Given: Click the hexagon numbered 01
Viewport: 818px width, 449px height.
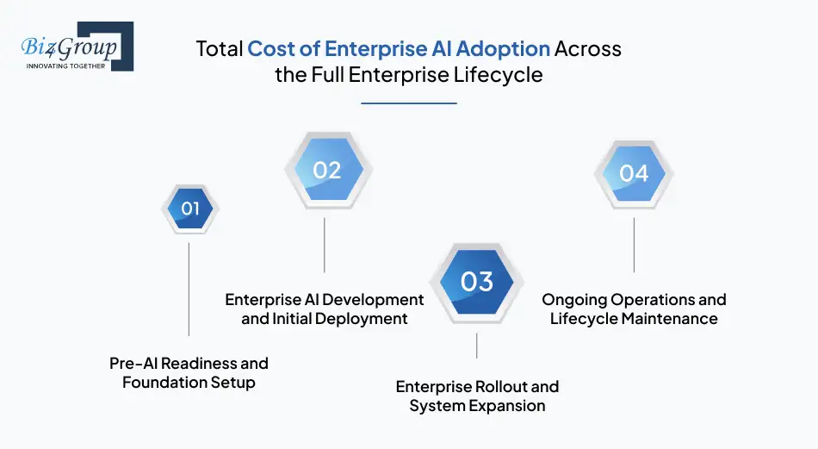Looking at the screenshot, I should point(190,209).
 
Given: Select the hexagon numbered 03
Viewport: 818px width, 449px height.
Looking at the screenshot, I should point(476,282).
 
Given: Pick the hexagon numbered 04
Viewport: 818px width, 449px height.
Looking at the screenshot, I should point(634,173).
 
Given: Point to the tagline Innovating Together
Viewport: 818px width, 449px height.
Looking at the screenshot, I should point(66,65).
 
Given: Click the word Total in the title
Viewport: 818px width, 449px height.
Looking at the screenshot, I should point(220,48).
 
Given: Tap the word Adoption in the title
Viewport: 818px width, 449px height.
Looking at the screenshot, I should point(502,48).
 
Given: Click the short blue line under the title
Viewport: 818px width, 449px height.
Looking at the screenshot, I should point(408,103).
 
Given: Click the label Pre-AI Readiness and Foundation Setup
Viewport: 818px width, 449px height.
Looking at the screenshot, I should point(189,372).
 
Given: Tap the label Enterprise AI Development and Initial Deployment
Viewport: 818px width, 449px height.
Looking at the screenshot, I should point(325,309).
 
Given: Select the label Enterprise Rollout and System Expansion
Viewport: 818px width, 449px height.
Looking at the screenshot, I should point(477,396).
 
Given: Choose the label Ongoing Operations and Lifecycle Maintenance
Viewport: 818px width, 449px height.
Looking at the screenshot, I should point(634,309).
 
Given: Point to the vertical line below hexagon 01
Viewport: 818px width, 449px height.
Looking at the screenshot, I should point(189,289).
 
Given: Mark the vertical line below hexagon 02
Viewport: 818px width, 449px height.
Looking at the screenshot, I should point(325,245).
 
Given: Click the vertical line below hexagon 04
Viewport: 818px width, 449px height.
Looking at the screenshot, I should point(635,245).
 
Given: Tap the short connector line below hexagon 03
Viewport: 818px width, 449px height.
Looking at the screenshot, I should point(477,346).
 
